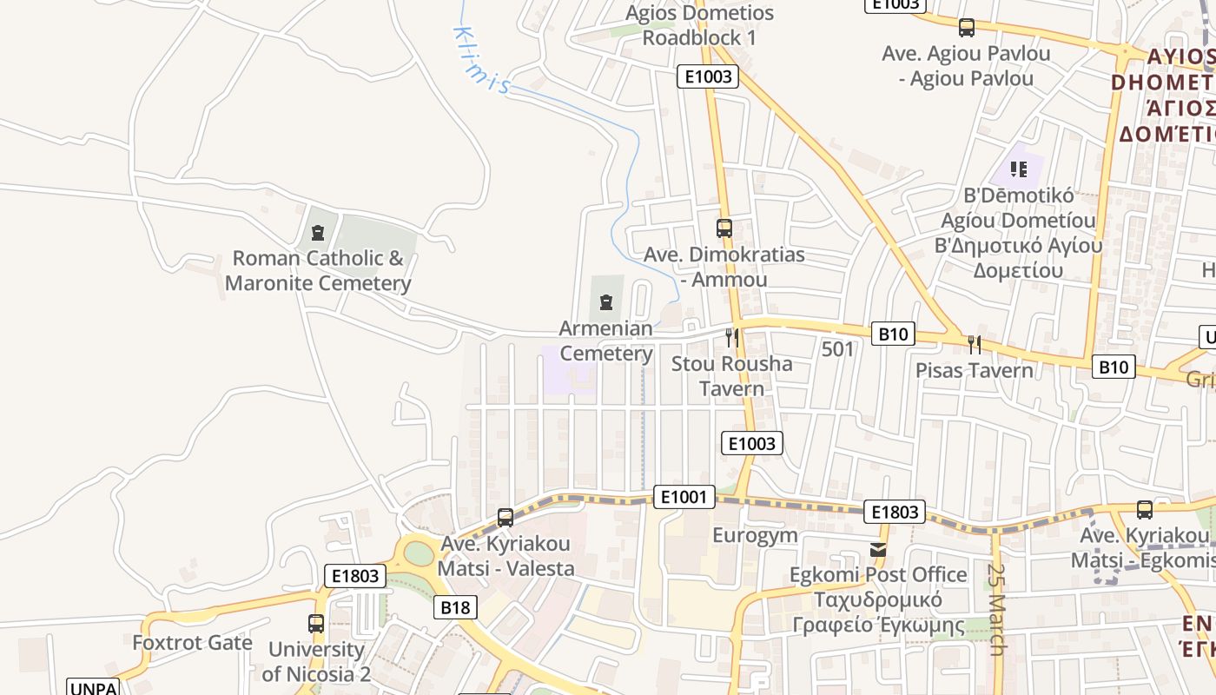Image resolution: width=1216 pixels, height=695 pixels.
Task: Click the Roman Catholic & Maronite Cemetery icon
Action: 317,233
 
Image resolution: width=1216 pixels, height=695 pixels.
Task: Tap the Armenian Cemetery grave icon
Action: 606,302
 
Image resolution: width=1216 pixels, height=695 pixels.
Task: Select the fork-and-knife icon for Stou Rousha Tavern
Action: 732,337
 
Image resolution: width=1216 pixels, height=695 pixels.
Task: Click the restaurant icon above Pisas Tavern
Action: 974,344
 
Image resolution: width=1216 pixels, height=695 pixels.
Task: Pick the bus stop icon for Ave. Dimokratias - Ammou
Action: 724,228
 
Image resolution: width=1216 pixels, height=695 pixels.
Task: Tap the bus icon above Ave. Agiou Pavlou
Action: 967,28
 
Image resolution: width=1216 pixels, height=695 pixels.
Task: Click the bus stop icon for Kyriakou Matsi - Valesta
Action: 506,518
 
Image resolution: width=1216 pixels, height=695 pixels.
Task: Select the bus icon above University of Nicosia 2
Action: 316,623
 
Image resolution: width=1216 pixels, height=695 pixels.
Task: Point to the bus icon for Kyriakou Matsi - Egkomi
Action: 1145,510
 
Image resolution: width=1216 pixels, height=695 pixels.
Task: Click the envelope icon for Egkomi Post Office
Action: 878,549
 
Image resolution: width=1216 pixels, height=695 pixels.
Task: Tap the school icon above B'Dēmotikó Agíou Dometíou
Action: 1019,169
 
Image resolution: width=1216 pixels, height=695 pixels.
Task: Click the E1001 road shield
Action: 684,497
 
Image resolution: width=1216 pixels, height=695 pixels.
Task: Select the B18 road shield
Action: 455,607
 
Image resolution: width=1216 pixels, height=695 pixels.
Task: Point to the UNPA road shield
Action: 93,688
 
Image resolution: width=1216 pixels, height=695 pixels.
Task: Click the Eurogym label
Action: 755,535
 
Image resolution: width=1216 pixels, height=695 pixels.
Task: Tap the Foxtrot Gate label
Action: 192,643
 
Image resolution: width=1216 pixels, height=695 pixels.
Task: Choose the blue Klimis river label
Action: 480,59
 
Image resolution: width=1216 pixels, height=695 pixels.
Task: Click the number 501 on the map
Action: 837,349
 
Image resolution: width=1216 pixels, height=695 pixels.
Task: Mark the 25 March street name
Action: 996,610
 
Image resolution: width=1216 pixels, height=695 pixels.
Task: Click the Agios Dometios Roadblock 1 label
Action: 699,25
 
